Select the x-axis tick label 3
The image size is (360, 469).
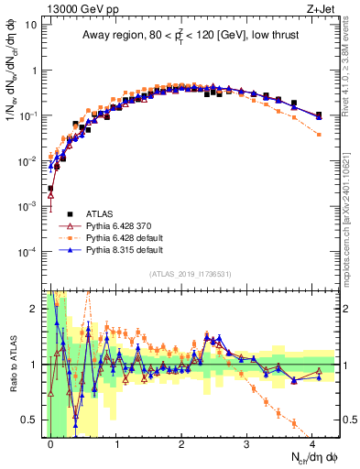[x=246, y=441]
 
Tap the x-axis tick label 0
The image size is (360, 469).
[x=50, y=441]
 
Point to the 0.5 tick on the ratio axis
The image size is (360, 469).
[x=32, y=420]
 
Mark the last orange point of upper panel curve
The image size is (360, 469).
[x=318, y=134]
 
